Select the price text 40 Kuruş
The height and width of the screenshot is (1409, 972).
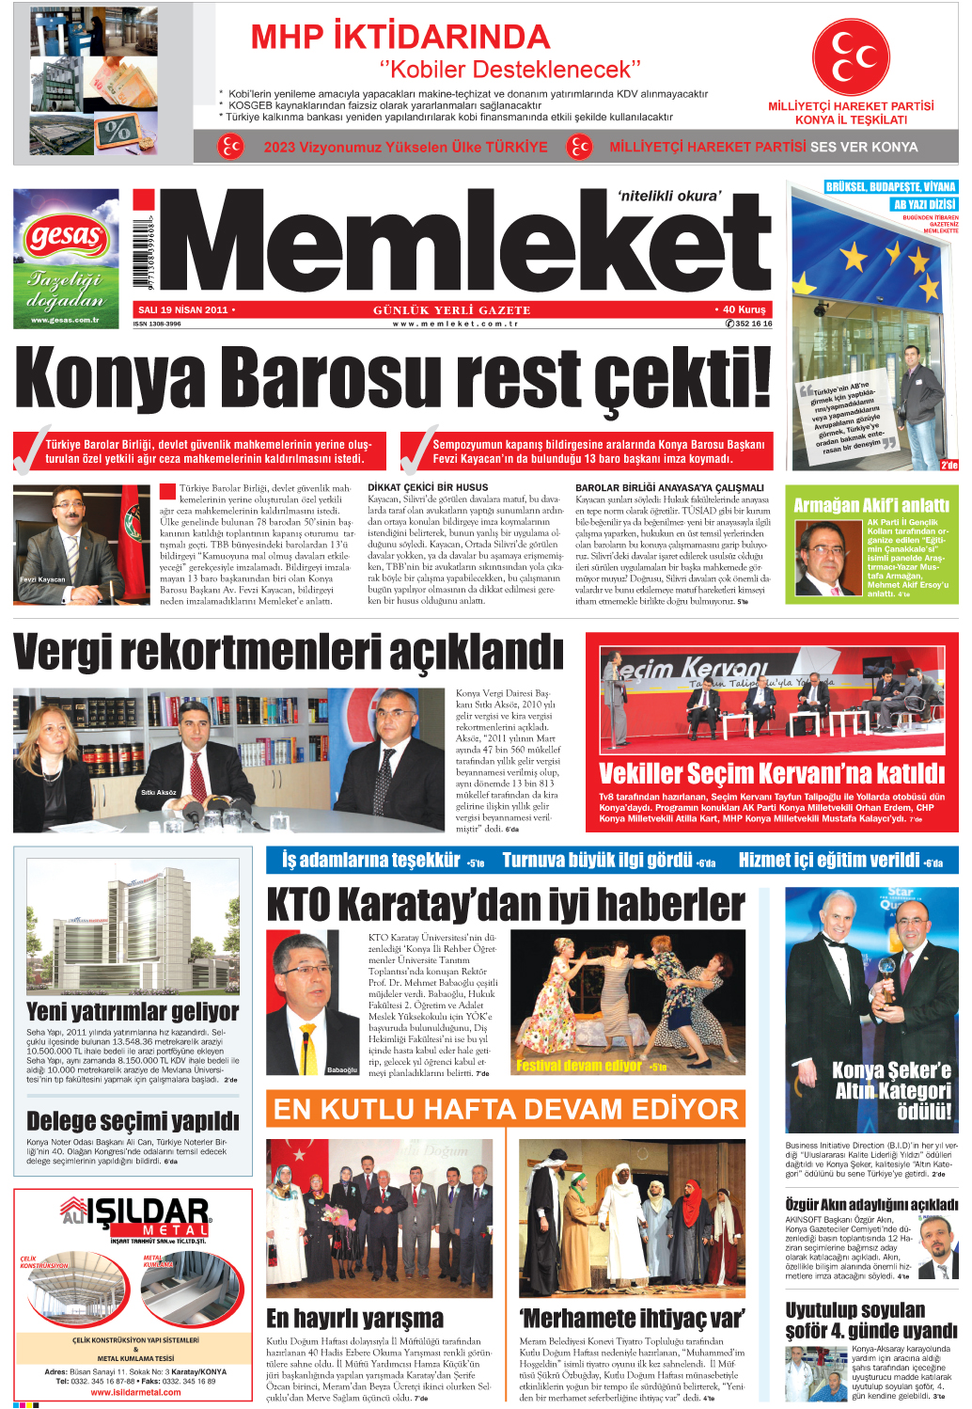744,309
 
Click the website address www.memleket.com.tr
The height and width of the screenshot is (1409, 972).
456,324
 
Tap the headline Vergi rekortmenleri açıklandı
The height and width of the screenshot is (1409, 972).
289,652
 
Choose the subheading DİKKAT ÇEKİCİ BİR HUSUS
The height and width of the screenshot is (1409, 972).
428,487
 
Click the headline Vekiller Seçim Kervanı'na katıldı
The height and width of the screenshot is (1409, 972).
771,773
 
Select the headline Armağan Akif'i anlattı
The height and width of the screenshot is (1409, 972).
871,505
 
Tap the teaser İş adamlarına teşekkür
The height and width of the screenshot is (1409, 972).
371,860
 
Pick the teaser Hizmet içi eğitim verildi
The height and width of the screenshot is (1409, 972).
829,860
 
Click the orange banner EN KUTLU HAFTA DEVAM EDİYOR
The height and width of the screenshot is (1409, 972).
506,1109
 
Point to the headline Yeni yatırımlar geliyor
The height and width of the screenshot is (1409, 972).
133,1011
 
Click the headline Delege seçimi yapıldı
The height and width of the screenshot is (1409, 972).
133,1120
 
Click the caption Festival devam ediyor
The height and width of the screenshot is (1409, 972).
578,1066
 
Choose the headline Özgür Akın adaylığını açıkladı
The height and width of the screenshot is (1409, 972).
871,1204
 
